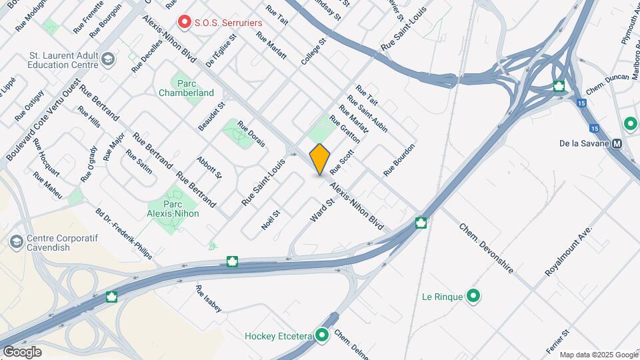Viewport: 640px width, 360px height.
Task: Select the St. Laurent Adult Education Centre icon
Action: point(109,60)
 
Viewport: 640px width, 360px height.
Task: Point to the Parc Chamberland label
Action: point(186,88)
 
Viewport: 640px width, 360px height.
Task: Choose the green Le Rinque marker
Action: point(473,295)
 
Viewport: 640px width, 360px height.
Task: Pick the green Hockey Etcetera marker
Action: point(323,335)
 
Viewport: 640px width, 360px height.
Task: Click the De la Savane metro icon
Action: point(617,143)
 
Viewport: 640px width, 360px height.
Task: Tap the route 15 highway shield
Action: point(582,103)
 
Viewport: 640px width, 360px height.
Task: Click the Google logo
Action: point(22,351)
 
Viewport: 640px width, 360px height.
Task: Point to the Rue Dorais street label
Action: point(251,133)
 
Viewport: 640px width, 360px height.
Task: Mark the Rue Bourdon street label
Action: point(399,160)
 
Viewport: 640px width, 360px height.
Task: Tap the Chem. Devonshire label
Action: point(486,248)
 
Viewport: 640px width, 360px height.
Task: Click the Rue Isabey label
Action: point(208,299)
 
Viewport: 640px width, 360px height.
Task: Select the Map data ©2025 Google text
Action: point(598,355)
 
